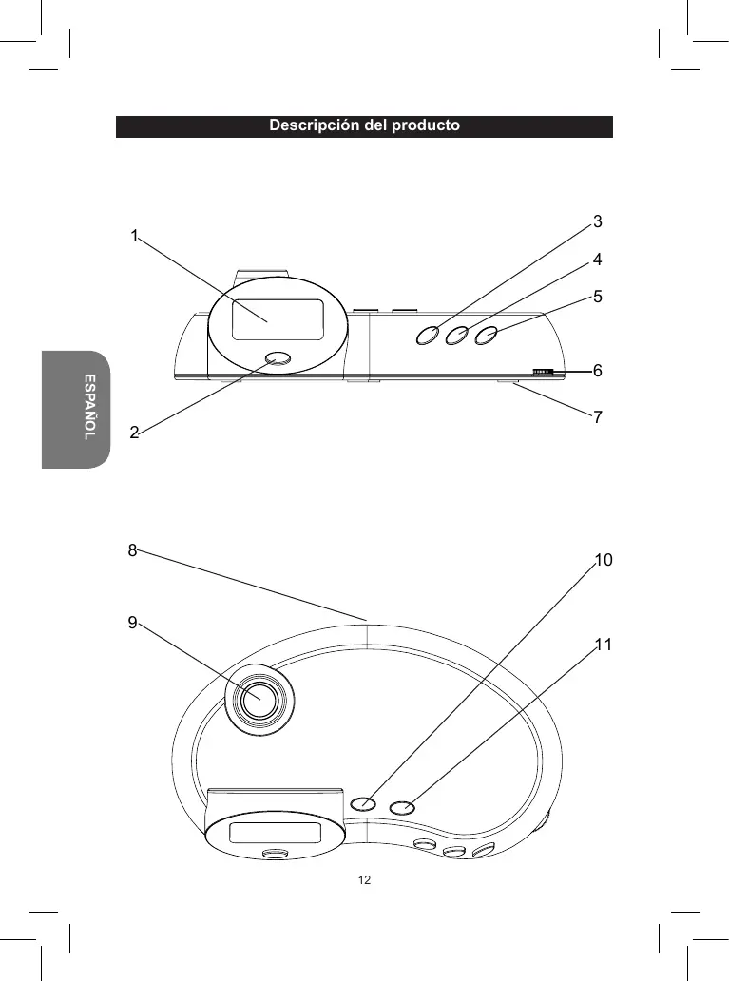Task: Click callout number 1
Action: click(x=134, y=236)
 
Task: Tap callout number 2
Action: click(x=134, y=433)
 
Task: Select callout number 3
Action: click(x=598, y=221)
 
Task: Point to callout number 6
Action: click(x=598, y=370)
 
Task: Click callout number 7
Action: click(x=598, y=416)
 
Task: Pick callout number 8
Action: click(x=132, y=549)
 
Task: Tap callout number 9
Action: click(x=132, y=623)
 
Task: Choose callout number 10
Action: click(x=604, y=559)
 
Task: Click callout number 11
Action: click(x=603, y=644)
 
